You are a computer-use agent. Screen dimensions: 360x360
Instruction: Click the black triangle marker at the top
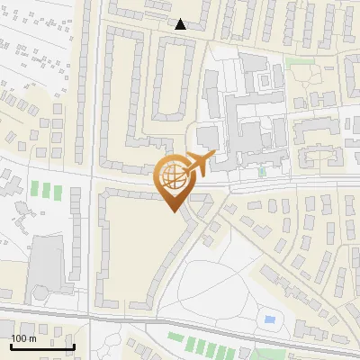tap(181, 24)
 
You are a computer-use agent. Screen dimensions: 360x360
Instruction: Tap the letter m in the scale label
tap(33, 338)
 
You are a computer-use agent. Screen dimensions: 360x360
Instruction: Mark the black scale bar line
tap(42, 346)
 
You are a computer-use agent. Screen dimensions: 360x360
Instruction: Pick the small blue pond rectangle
tap(269, 319)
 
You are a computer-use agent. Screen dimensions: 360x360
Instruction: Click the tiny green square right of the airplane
tap(262, 171)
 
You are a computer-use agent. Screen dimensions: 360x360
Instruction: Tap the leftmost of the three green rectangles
tap(36, 191)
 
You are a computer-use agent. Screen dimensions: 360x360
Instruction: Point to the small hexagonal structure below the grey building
tap(40, 293)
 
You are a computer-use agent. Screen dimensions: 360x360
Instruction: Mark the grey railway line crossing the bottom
tap(180, 322)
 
